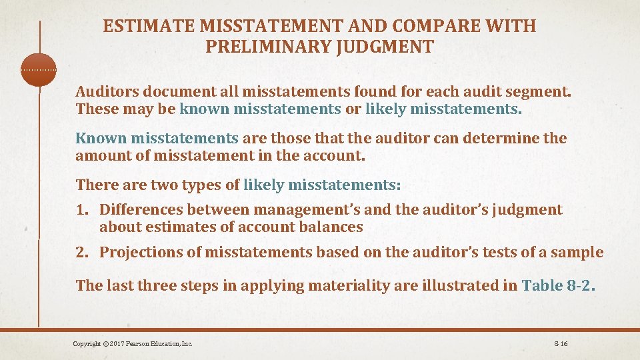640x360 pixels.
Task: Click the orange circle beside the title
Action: point(39,69)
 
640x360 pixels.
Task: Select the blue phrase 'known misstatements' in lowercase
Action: point(260,109)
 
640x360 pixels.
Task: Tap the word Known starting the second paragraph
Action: point(101,139)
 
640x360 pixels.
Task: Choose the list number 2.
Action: point(82,252)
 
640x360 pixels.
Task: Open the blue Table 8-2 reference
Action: point(557,286)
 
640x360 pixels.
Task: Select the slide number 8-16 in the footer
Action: point(560,343)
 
